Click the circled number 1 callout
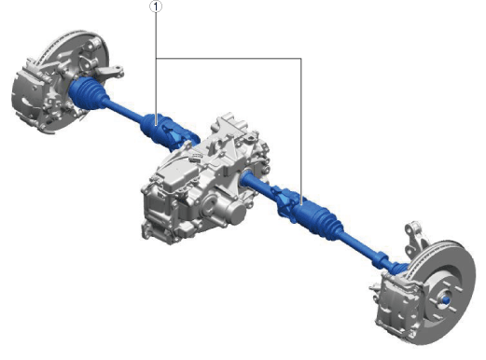pyautogui.click(x=156, y=7)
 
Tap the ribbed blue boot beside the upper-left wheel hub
pyautogui.click(x=88, y=94)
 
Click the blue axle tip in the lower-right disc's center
pyautogui.click(x=446, y=300)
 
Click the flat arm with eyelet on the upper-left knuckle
pyautogui.click(x=109, y=72)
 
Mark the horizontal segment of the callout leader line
pyautogui.click(x=229, y=58)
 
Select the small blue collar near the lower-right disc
pyautogui.click(x=381, y=259)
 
